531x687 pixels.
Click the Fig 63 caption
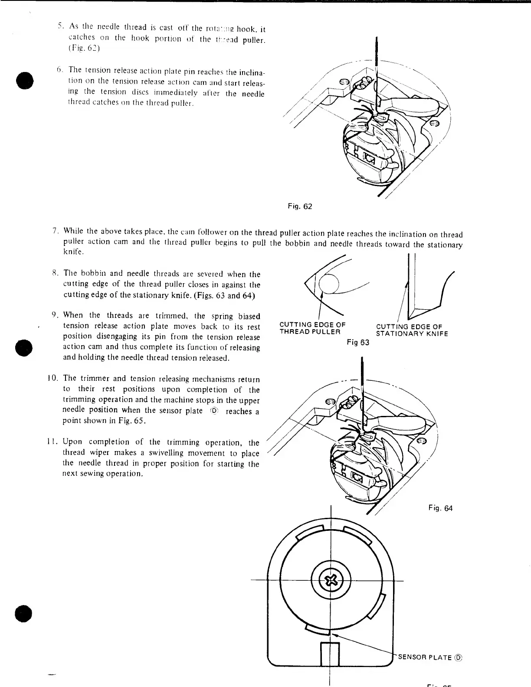click(358, 343)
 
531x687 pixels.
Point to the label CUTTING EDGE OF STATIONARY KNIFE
click(412, 330)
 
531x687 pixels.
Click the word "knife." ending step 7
click(72, 252)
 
